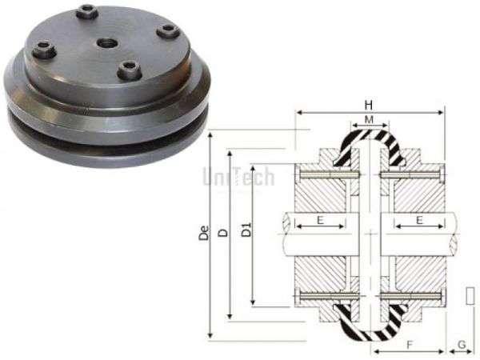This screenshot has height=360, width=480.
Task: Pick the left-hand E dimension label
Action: pyautogui.click(x=320, y=218)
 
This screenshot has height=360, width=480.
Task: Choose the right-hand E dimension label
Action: pyautogui.click(x=417, y=218)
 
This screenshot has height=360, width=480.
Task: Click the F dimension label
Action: pyautogui.click(x=409, y=345)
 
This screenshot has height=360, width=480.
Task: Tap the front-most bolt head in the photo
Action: pyautogui.click(x=127, y=71)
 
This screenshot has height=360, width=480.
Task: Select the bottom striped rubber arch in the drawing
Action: pyautogui.click(x=368, y=326)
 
